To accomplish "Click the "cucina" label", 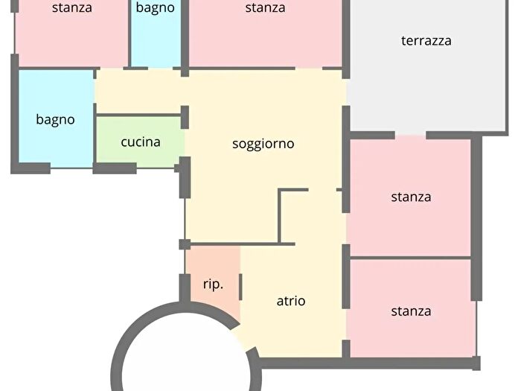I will pos(141,141).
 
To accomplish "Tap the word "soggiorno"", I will pos(263,144).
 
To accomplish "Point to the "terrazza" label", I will pos(426,41).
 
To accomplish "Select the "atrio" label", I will pos(291,301).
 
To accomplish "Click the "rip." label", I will pos(213,284).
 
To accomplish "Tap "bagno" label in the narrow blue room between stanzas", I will pos(156,8).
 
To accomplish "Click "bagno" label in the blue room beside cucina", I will pos(55,119).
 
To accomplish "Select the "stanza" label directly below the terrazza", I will pos(411,197).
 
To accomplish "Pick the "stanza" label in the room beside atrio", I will pos(411,311).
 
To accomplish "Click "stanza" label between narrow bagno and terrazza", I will pos(265,8).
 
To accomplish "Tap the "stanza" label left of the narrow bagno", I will pos(72,8).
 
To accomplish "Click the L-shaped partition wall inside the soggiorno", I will pos(280,216).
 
